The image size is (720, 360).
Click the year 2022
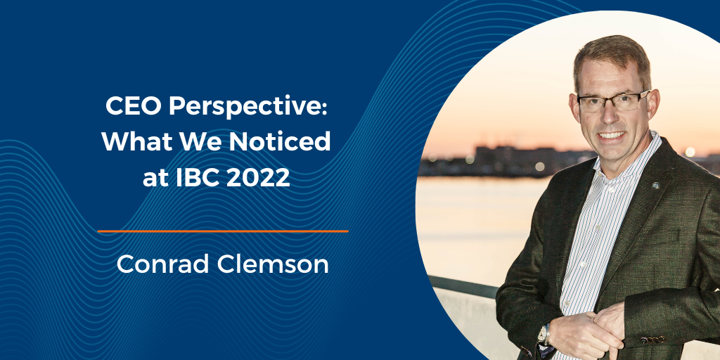point(259,177)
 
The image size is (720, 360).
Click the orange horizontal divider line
point(222,231)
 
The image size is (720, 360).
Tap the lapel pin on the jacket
point(655,186)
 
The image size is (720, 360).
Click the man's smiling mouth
point(611,134)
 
